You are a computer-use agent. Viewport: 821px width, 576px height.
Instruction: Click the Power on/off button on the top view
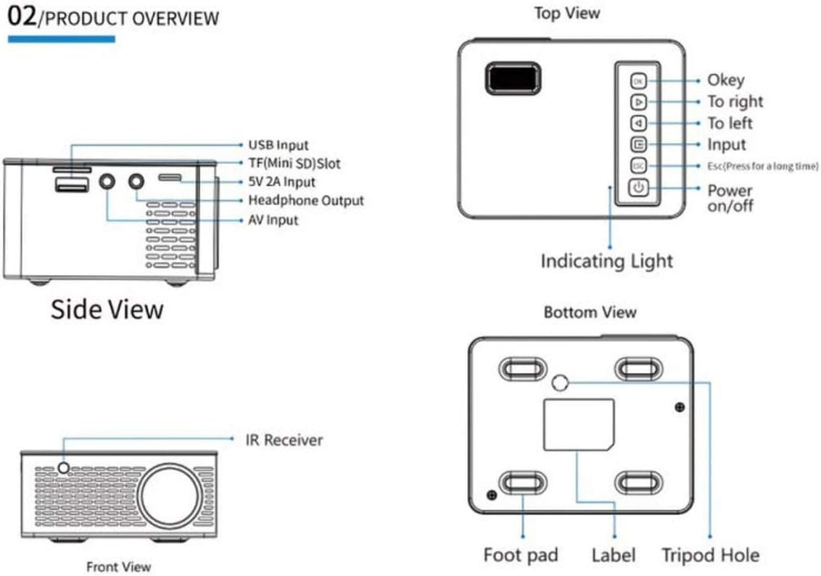point(638,188)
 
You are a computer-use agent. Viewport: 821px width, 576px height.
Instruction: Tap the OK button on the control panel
point(638,81)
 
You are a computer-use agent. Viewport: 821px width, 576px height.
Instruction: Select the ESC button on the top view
point(638,166)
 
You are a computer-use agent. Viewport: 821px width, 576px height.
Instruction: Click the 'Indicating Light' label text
point(606,261)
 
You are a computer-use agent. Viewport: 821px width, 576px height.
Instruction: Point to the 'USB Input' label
point(278,145)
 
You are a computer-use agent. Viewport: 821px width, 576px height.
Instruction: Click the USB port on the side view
point(71,186)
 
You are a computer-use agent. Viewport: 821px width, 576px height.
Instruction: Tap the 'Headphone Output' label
point(306,200)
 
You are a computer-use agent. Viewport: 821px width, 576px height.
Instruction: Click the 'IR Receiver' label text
point(284,440)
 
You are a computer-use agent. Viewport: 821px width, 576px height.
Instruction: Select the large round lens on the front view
point(170,495)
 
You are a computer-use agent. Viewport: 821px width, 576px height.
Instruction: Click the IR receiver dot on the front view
point(64,469)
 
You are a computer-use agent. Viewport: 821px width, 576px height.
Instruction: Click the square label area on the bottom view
point(579,424)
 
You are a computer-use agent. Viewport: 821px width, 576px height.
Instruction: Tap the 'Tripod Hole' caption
point(710,556)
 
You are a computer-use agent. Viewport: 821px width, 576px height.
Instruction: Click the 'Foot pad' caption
point(521,556)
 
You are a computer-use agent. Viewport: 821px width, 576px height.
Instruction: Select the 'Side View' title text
point(107,310)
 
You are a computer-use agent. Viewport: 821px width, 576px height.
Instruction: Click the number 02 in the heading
point(22,17)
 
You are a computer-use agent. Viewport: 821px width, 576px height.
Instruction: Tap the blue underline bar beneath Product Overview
point(62,39)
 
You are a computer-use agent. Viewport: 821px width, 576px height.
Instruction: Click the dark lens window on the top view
point(513,78)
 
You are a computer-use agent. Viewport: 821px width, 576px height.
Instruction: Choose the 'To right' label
point(735,102)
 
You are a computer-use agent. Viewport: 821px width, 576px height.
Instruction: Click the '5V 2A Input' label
point(281,182)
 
